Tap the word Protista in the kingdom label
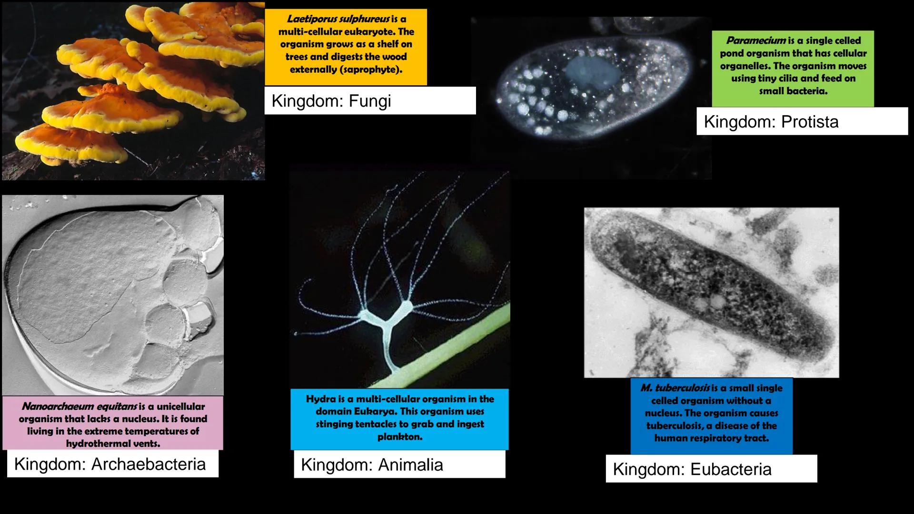click(x=810, y=122)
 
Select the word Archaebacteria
click(x=148, y=464)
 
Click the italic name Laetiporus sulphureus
click(x=338, y=19)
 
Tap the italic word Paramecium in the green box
click(x=756, y=41)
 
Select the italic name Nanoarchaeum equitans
click(x=79, y=406)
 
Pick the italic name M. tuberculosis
click(x=675, y=388)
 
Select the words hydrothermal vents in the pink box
click(x=113, y=444)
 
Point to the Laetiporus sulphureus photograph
click(x=133, y=90)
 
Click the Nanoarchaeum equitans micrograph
click(x=113, y=295)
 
